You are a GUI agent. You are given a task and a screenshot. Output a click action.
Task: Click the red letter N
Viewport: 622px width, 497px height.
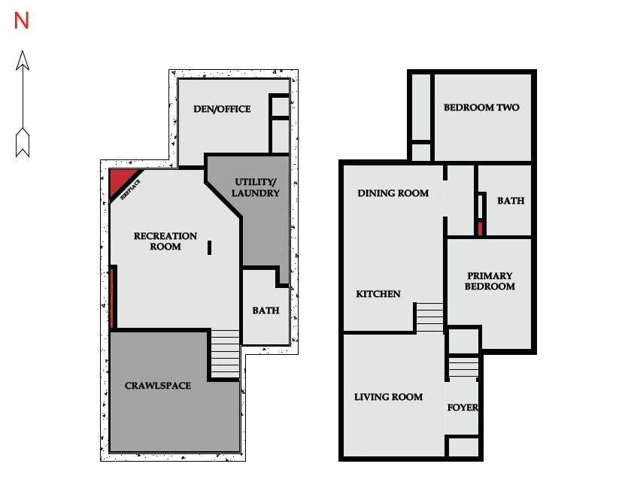coord(21,20)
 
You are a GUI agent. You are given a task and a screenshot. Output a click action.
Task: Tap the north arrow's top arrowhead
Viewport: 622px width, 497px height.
coord(23,61)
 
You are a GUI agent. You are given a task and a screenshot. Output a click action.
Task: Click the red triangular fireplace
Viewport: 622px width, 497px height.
coord(121,180)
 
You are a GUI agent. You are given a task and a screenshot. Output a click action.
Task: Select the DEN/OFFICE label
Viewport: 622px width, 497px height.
coord(222,109)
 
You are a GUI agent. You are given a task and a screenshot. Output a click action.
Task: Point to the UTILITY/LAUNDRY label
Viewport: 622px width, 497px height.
coord(256,188)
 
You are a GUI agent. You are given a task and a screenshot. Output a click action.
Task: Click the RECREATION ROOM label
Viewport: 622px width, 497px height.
coord(165,241)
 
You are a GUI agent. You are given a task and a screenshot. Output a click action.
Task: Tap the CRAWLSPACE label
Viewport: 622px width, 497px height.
coord(158,386)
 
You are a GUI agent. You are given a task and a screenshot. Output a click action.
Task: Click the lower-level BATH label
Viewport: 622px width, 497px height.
coord(265,311)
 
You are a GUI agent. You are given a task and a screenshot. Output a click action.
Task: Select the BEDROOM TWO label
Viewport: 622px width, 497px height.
coord(481,108)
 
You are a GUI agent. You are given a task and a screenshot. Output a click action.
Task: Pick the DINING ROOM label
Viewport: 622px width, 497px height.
coord(393,193)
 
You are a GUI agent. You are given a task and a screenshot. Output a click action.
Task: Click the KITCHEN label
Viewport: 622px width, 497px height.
coord(378,294)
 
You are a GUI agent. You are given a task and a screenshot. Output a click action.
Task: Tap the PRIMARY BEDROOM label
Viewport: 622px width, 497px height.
coord(490,281)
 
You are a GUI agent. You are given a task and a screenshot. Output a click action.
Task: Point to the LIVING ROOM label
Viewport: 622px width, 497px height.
coord(388,397)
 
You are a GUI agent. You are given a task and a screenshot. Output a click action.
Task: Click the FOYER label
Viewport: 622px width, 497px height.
coord(463,408)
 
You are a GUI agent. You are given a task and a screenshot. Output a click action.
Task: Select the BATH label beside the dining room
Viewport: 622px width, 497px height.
coord(511,201)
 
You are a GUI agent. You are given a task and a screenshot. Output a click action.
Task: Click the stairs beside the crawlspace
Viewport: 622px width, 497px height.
coord(225,354)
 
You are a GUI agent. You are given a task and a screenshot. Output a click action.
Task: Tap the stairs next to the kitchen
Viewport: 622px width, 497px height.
coord(429,317)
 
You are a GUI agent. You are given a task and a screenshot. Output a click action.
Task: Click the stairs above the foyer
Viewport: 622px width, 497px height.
coord(463,367)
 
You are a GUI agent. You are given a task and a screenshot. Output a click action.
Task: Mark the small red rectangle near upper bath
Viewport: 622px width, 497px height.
coord(480,229)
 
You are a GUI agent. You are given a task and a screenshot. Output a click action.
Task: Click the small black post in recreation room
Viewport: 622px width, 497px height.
coord(209,248)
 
